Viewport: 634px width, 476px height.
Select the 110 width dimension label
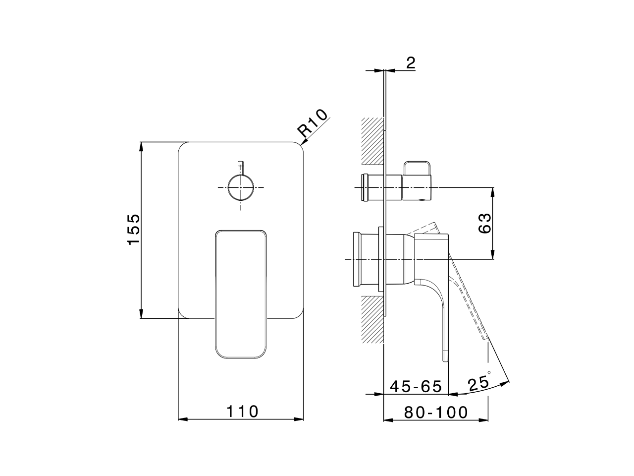coord(243,411)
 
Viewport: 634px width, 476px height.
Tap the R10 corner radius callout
coord(313,123)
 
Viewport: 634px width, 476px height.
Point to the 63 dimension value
coord(485,223)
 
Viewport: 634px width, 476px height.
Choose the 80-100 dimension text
coord(436,412)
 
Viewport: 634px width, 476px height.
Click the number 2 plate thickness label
coord(411,62)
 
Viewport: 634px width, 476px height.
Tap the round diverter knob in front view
coord(241,187)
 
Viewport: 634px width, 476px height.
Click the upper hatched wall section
coord(373,141)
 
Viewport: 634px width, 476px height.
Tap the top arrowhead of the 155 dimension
coord(141,146)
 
